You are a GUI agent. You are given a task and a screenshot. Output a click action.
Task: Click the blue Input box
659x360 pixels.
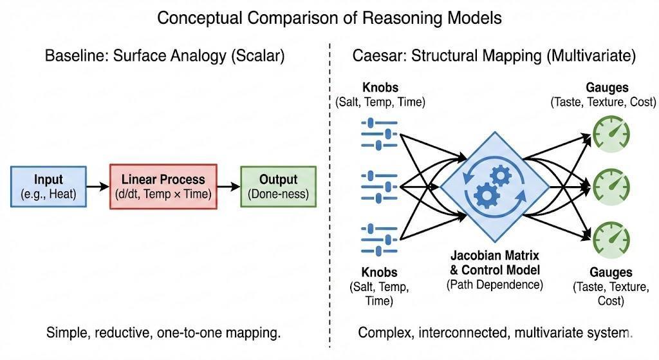tap(48, 186)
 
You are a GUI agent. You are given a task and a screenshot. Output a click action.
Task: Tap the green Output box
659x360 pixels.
tap(278, 186)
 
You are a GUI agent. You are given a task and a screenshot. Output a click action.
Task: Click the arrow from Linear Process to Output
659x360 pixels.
tap(228, 187)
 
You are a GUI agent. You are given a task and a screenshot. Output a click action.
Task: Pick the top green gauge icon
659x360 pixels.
tap(611, 134)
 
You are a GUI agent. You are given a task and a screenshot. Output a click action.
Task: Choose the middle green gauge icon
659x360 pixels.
tap(611, 186)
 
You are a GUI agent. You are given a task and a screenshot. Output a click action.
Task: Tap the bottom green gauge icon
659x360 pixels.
tap(611, 238)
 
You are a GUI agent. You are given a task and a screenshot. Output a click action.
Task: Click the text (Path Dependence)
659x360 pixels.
tap(495, 284)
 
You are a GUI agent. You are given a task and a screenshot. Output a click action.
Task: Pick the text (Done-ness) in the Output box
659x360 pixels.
tap(278, 193)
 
